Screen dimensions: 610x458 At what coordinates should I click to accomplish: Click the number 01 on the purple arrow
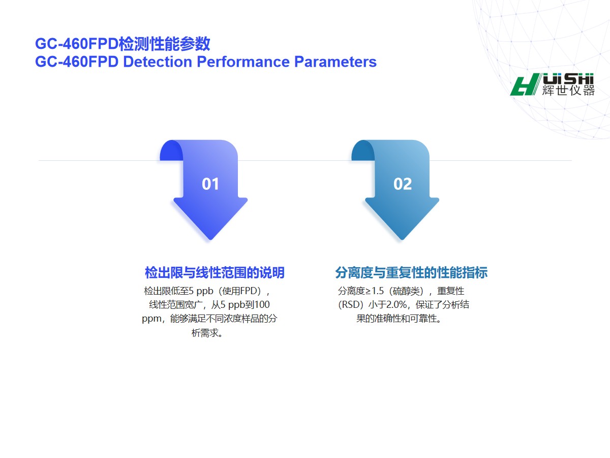coord(210,184)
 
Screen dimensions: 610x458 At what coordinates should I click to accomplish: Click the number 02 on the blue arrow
coord(403,184)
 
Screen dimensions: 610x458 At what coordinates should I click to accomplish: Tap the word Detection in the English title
coord(158,62)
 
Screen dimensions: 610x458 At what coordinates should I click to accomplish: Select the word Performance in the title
coord(243,62)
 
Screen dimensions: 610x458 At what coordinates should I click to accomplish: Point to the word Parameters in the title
coord(335,62)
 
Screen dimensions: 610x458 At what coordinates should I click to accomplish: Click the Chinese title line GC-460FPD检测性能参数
coord(123,44)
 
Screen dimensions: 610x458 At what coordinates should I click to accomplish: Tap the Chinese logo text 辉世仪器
coord(568,91)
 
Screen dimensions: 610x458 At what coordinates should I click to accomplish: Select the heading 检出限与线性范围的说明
coord(215,273)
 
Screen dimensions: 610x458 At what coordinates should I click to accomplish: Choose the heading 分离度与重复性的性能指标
coord(411,273)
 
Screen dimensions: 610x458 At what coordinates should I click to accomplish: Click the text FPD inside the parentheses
coord(248,291)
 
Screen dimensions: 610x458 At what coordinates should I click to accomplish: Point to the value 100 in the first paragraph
coord(262,304)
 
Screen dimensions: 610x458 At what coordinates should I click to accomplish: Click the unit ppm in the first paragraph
coord(151,319)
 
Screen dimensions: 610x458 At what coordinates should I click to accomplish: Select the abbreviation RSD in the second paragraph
coord(350,304)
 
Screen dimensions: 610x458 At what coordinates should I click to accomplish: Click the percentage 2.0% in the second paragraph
coord(396,304)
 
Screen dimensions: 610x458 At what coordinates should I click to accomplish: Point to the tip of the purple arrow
coord(210,239)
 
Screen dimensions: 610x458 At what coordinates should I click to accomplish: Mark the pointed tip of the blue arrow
coord(402,239)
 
